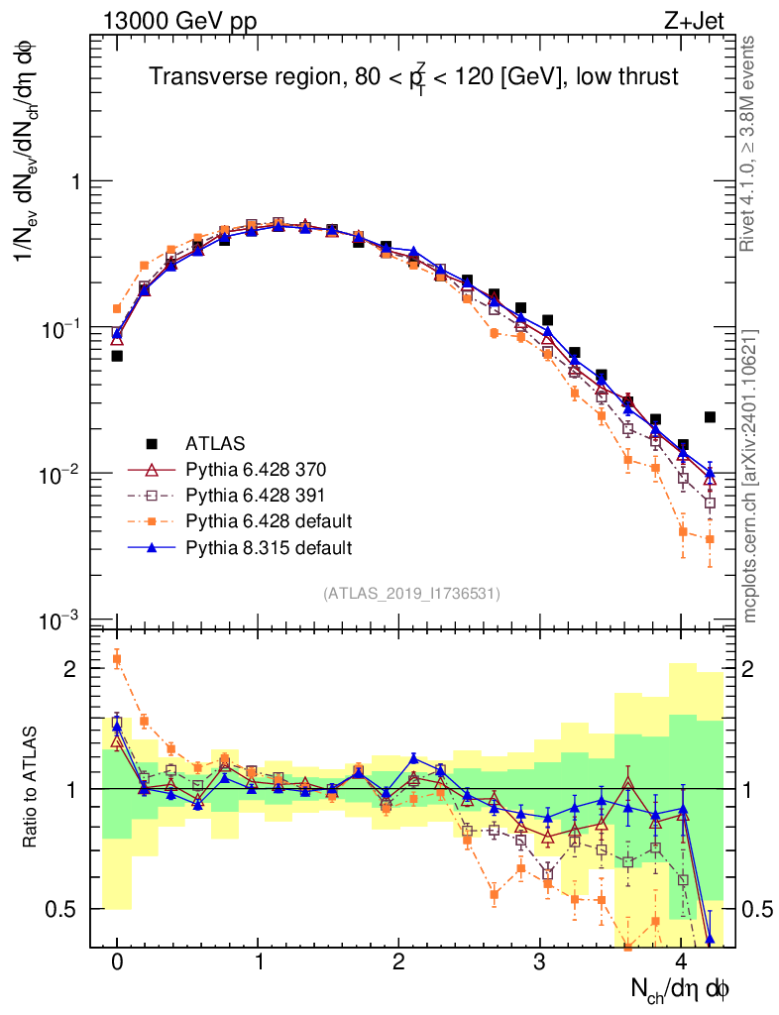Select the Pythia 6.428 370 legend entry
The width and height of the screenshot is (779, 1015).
(x=249, y=469)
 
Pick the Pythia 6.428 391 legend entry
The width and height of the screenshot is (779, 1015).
(x=249, y=495)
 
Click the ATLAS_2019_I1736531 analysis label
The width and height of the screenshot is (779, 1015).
(x=411, y=594)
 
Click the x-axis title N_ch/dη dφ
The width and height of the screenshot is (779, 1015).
(x=680, y=988)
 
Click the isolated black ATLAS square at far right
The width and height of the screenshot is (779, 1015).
(x=710, y=417)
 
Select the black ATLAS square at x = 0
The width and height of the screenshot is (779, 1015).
(x=117, y=356)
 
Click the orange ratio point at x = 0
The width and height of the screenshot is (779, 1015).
(x=117, y=659)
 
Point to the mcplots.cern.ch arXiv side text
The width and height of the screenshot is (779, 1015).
(x=751, y=476)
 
